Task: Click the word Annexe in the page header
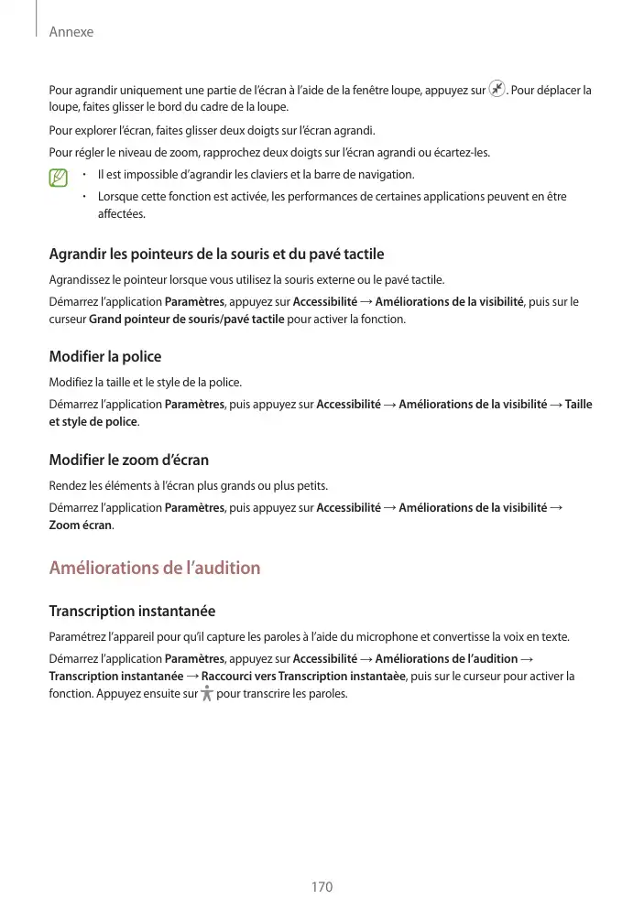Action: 71,32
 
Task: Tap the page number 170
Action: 322,887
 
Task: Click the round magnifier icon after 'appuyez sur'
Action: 497,90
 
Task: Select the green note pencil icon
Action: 60,177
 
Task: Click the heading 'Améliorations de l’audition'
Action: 154,569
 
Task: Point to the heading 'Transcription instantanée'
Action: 132,611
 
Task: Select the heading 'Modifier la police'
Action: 104,356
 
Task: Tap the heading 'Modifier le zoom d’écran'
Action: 128,460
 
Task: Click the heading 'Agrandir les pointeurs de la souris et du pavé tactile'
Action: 216,254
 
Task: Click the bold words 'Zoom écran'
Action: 80,525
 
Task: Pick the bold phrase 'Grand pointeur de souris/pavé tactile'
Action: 186,320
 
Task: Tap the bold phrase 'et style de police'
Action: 93,422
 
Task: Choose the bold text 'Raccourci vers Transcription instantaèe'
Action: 303,676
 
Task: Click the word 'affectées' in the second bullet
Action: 121,214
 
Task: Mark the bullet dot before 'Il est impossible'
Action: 83,175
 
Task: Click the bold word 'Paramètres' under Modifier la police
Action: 194,404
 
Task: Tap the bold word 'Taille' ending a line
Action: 578,404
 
